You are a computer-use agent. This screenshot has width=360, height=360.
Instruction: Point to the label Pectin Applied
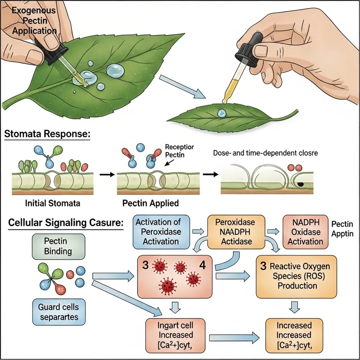tap(150, 203)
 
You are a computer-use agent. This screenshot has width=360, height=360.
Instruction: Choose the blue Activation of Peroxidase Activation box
tap(161, 232)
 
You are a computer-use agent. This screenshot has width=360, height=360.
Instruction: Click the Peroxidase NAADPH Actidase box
tap(235, 232)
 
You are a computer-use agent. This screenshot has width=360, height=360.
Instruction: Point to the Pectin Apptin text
tap(342, 229)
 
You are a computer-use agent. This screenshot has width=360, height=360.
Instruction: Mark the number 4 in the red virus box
tap(202, 264)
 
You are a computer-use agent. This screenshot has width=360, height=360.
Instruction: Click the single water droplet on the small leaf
tap(221, 112)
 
